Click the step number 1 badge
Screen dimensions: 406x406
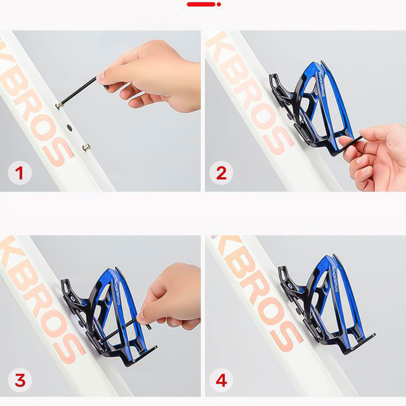tap(19, 173)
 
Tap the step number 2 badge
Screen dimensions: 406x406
tap(221, 173)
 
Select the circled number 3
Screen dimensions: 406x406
tap(19, 380)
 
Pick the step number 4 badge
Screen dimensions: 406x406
tap(221, 380)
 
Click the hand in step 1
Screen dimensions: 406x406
tap(159, 73)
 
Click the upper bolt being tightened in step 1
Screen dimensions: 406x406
tap(59, 105)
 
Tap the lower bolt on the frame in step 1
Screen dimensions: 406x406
tap(86, 147)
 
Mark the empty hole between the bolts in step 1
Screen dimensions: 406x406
tap(69, 127)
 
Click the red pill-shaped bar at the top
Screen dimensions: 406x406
tap(200, 4)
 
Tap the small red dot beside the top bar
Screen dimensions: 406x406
tap(219, 4)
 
